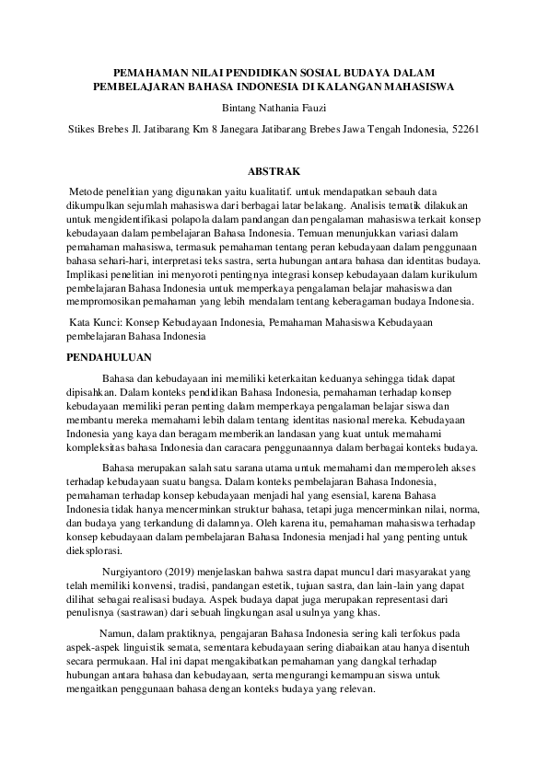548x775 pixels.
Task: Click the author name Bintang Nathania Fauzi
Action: click(x=274, y=108)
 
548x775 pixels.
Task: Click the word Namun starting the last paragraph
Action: click(x=116, y=634)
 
